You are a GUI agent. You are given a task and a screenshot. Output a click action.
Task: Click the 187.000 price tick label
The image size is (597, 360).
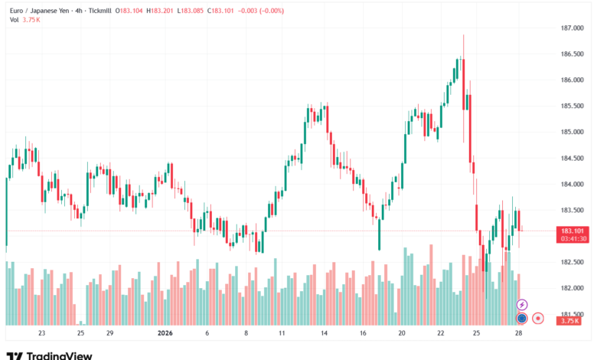pyautogui.click(x=573, y=28)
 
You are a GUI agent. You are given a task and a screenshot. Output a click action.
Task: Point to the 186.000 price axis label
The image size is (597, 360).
pyautogui.click(x=573, y=80)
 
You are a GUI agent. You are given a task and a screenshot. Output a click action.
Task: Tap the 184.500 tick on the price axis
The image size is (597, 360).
pyautogui.click(x=573, y=159)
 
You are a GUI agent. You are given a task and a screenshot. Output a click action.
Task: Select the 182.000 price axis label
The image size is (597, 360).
pyautogui.click(x=573, y=288)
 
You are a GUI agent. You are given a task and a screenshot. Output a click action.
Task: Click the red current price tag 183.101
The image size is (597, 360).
pyautogui.click(x=573, y=231)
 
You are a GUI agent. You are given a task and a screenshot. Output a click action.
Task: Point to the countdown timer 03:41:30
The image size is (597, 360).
pyautogui.click(x=573, y=239)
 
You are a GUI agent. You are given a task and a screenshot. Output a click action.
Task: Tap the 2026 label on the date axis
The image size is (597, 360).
pyautogui.click(x=167, y=334)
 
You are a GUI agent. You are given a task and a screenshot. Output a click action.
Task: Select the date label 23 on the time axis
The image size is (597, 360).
pyautogui.click(x=41, y=334)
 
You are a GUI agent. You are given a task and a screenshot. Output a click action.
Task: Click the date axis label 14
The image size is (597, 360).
pyautogui.click(x=325, y=334)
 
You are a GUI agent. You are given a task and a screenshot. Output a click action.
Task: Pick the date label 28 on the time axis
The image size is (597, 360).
pyautogui.click(x=520, y=334)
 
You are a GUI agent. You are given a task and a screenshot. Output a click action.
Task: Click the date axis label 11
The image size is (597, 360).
pyautogui.click(x=282, y=334)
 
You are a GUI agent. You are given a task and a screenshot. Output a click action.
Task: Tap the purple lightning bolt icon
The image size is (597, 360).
pyautogui.click(x=522, y=305)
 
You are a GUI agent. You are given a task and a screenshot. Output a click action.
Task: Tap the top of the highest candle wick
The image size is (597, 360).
pyautogui.click(x=464, y=35)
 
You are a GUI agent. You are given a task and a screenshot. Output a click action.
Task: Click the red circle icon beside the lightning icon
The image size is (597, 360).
pyautogui.click(x=538, y=317)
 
